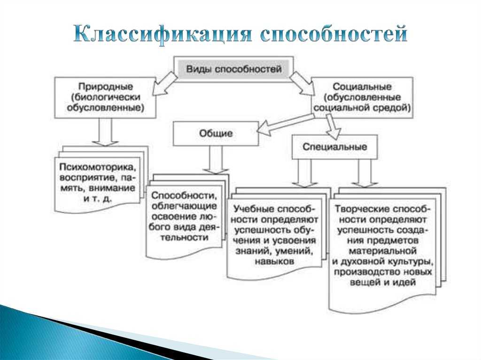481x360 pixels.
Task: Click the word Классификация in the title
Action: click(x=162, y=34)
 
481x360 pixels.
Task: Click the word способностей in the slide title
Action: click(x=334, y=34)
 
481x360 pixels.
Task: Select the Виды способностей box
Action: click(x=234, y=69)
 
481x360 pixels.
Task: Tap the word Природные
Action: click(x=105, y=86)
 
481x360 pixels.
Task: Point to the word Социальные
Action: click(x=362, y=86)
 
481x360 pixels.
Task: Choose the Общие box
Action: click(x=216, y=133)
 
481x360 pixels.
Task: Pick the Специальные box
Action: click(x=334, y=146)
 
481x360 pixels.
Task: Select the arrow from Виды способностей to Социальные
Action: click(x=302, y=83)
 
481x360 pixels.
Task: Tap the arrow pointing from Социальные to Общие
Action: click(x=285, y=124)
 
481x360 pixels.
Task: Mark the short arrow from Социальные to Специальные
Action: click(x=333, y=126)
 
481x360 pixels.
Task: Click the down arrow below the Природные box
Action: click(x=105, y=132)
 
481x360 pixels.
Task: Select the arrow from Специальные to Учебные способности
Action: click(x=304, y=173)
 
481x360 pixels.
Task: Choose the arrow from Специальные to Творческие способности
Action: click(x=365, y=173)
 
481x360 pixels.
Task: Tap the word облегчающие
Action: click(x=184, y=206)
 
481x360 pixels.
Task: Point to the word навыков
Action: click(x=274, y=261)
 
